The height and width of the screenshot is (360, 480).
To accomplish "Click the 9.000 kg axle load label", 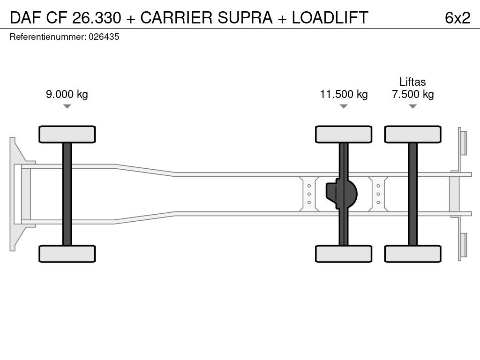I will [x=67, y=94].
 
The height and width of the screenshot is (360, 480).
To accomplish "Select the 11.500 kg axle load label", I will [x=344, y=94].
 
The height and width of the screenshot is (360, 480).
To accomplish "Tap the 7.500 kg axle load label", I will [x=412, y=94].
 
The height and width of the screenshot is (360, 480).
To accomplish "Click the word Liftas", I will [x=412, y=82].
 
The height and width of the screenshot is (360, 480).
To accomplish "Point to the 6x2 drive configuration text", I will [x=457, y=18].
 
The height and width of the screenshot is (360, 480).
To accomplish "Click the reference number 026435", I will [x=104, y=37].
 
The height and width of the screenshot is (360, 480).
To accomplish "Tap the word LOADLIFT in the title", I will [x=330, y=18].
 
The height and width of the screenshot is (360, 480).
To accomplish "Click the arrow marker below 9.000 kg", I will [x=67, y=106].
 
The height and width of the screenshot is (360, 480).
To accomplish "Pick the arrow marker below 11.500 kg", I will [x=344, y=106].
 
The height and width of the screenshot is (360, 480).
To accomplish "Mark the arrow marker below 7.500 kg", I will [x=412, y=106].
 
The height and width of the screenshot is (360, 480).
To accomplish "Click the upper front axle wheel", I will [x=67, y=134].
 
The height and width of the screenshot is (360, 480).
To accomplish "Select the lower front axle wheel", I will [x=67, y=254].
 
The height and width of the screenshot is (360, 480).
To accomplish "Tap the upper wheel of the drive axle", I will [x=344, y=134].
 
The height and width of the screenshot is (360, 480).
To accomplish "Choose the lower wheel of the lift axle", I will [x=412, y=254].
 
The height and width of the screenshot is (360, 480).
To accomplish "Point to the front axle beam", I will [x=67, y=194].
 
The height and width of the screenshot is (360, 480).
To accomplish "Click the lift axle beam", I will [x=412, y=194].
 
